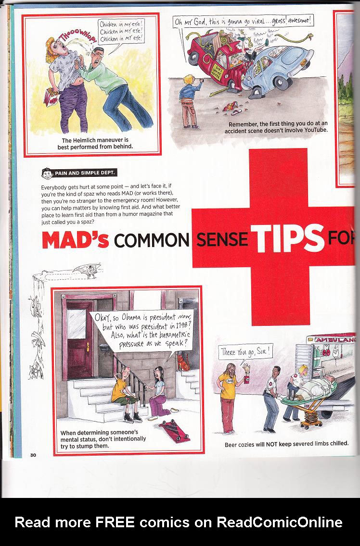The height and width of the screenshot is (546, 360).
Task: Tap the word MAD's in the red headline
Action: pyautogui.click(x=75, y=239)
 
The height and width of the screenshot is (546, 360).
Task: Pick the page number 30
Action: pyautogui.click(x=33, y=455)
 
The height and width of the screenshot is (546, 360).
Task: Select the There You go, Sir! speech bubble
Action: pyautogui.click(x=246, y=353)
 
